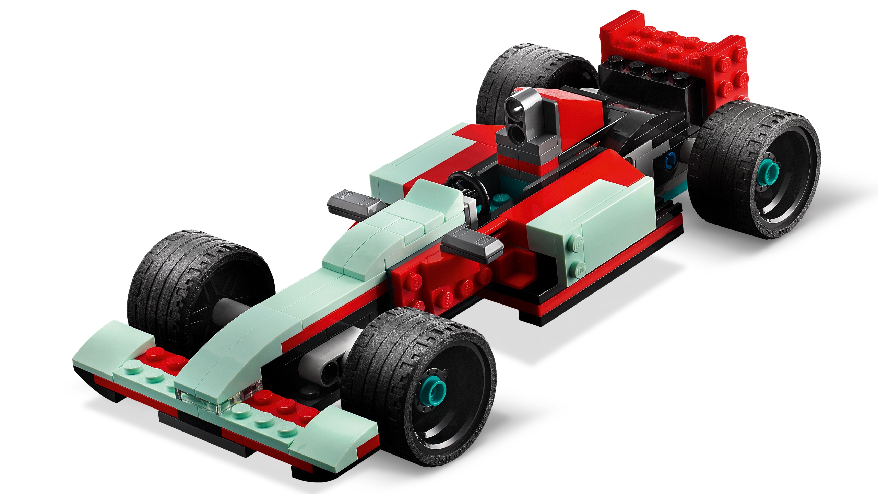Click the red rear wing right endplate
(x=727, y=69)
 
